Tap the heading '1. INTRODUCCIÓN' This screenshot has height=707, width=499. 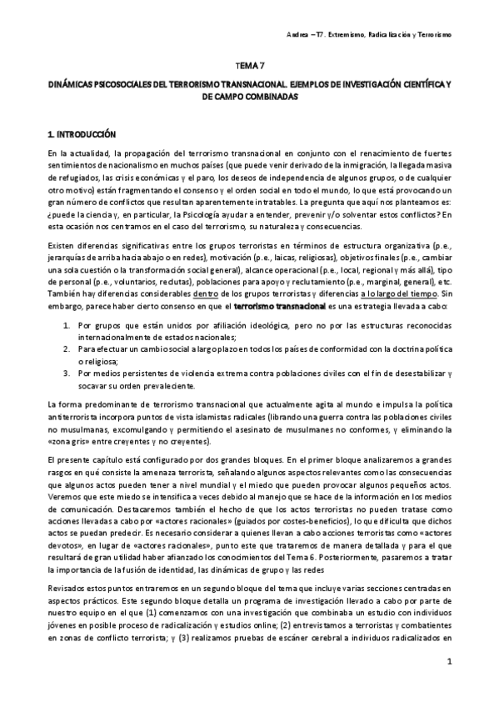pos(81,134)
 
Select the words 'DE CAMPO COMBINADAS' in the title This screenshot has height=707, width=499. pos(249,98)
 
